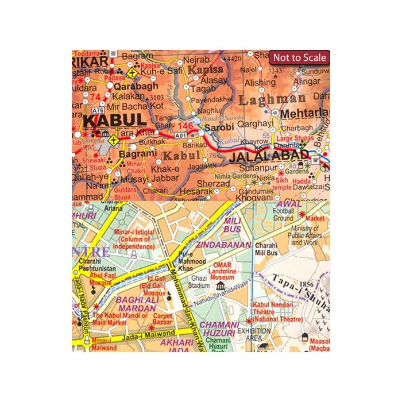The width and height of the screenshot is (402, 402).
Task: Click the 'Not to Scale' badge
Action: [299, 57]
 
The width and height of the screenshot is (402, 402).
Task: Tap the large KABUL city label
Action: [114, 120]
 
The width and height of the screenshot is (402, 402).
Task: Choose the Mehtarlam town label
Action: [305, 113]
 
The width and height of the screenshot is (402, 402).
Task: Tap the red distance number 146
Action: [185, 125]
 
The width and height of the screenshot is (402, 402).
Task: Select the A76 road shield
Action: [97, 110]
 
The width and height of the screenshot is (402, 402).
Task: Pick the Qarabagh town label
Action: [136, 86]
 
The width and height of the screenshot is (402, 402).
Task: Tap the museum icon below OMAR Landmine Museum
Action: [221, 286]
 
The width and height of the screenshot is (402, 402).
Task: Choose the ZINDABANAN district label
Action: [223, 245]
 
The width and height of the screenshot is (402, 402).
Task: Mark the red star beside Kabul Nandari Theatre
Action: [249, 320]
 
